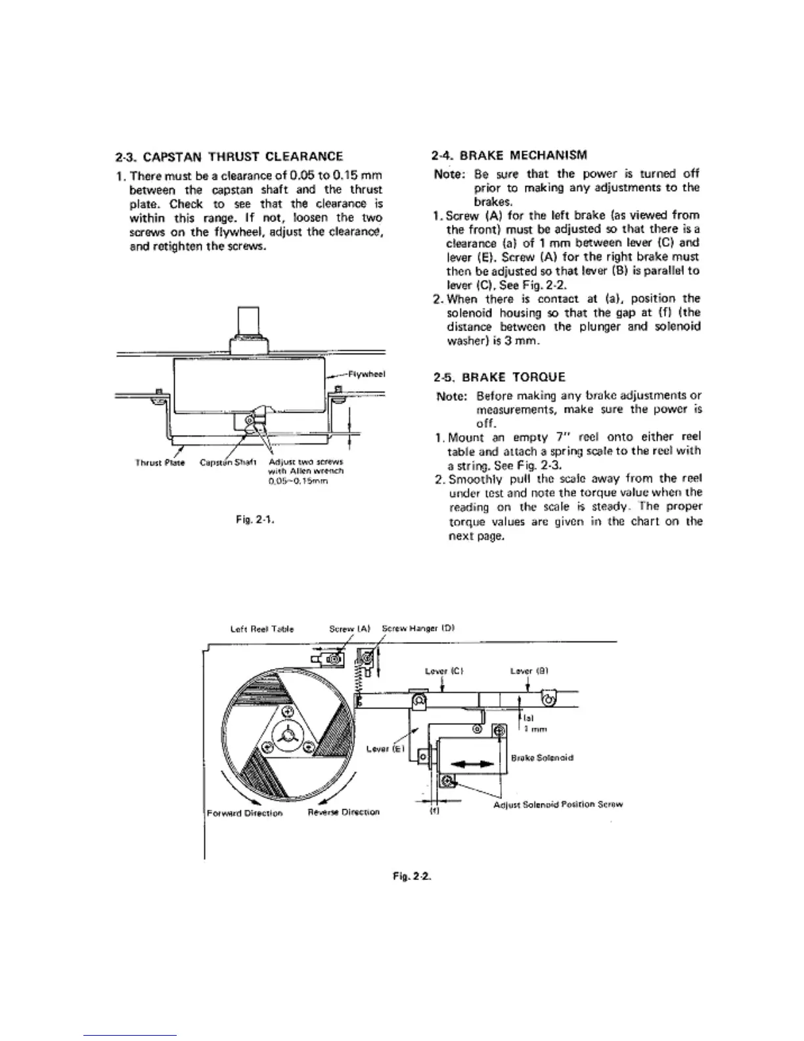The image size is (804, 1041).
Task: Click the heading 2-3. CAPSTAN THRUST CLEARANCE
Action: (229, 156)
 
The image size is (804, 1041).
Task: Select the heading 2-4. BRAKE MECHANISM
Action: (510, 156)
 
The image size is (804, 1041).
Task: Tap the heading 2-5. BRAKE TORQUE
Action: (499, 378)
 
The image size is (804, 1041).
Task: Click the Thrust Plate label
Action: (160, 462)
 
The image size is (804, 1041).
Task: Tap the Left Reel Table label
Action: (262, 629)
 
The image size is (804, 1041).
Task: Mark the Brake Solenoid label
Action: (542, 758)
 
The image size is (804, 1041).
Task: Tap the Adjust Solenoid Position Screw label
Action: (558, 804)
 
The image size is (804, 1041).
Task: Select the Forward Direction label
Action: (244, 813)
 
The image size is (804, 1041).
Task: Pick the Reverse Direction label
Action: (344, 812)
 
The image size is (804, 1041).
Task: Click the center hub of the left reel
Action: (287, 738)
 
